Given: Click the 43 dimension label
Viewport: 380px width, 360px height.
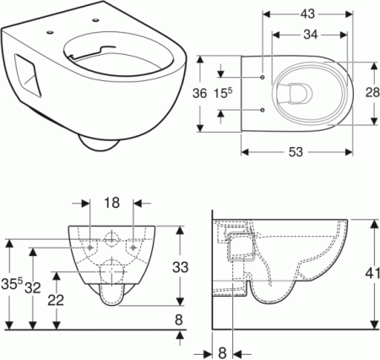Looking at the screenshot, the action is click(307, 14).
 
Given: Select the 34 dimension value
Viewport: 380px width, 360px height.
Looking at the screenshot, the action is click(311, 35).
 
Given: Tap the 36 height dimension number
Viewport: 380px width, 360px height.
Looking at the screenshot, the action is click(199, 93).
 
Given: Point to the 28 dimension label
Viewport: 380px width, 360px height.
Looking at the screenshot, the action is click(372, 92).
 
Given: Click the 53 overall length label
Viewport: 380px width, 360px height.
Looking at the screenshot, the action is click(296, 152).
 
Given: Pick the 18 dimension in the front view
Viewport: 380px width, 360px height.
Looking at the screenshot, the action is click(112, 203).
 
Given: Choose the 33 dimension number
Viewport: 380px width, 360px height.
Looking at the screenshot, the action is click(180, 267).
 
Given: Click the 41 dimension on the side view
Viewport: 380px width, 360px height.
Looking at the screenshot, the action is click(373, 273).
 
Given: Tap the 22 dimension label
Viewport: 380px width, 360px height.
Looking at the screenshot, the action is click(56, 300).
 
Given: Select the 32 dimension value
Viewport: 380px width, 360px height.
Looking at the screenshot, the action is click(33, 287).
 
